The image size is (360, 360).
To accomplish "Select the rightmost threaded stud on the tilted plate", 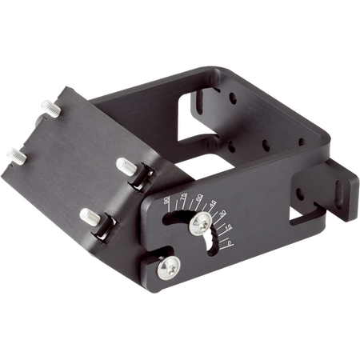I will pyautogui.click(x=126, y=166).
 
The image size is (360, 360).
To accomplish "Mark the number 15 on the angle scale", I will pyautogui.click(x=230, y=228).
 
